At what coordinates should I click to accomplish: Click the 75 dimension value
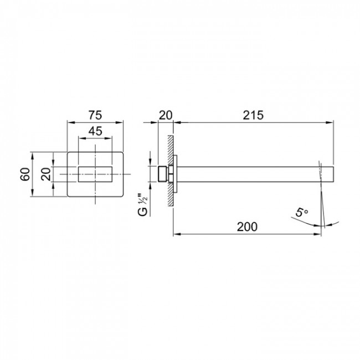(95, 115)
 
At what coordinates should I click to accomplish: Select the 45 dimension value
(95, 131)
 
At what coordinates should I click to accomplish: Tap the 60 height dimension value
(25, 174)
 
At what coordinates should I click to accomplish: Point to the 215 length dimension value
(253, 115)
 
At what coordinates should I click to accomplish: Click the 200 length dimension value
(247, 227)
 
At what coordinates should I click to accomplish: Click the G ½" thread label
(143, 205)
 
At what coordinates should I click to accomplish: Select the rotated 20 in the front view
(45, 174)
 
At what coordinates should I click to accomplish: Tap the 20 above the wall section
(165, 115)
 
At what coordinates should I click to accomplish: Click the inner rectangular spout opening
(95, 174)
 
